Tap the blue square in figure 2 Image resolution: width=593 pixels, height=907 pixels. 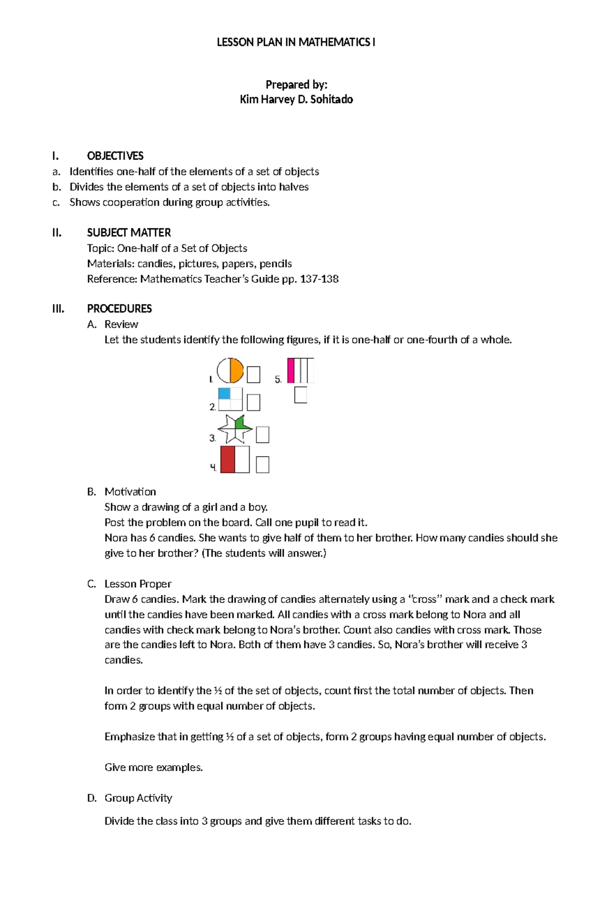point(224,393)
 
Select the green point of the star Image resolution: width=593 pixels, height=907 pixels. point(241,423)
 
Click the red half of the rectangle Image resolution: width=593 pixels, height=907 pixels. point(227,460)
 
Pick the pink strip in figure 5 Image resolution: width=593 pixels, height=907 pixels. point(291,371)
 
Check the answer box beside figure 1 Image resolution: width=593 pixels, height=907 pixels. point(254,375)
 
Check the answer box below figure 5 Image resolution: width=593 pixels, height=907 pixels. point(300,395)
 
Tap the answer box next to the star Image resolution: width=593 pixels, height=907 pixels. point(262,435)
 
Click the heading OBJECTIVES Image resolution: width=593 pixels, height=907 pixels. point(115,156)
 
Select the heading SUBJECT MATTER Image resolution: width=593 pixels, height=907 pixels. point(129,233)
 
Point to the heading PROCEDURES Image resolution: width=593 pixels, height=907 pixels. point(119,309)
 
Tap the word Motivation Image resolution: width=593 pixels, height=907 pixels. point(130,492)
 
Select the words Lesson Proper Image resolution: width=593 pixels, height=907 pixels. point(138,584)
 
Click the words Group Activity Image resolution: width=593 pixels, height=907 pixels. point(138,798)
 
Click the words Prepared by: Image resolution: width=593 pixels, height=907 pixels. point(296,85)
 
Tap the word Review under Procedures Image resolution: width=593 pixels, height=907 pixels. point(121,324)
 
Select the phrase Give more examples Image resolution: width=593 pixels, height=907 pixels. point(154,767)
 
